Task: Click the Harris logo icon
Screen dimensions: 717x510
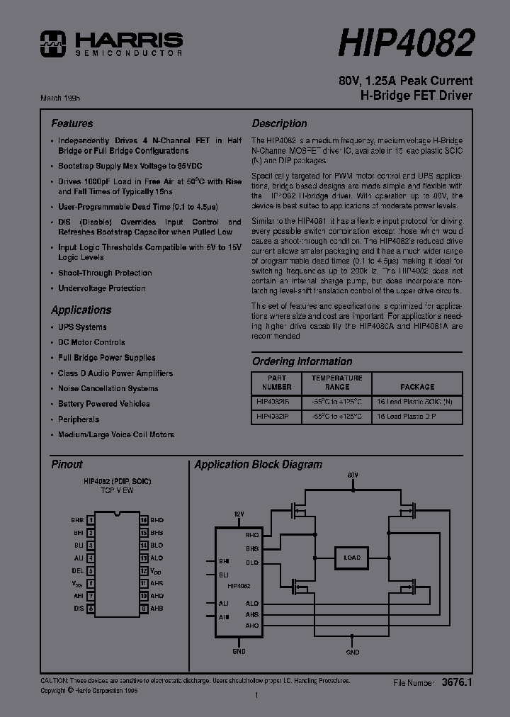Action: pos(52,43)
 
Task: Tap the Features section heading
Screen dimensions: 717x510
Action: pos(72,123)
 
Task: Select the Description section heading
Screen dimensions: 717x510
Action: pos(279,123)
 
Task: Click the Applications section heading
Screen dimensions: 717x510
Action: pos(81,310)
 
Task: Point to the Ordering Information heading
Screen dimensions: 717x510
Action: pos(302,361)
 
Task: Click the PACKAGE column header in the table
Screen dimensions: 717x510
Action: pos(417,387)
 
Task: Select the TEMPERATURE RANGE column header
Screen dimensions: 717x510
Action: pos(337,383)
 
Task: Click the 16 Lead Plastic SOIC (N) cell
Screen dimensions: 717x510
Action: pos(417,401)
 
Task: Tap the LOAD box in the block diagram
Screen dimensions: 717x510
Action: pos(352,558)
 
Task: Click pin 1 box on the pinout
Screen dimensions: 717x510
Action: pos(91,519)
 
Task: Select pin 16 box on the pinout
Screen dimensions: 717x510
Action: pos(143,519)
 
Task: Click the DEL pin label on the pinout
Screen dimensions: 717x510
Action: pos(77,570)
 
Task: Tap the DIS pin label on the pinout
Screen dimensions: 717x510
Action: pos(78,609)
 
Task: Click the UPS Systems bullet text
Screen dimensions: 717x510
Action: pos(82,327)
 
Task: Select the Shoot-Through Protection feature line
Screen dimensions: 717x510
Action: pos(105,273)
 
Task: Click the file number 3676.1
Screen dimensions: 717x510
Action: pos(456,682)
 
